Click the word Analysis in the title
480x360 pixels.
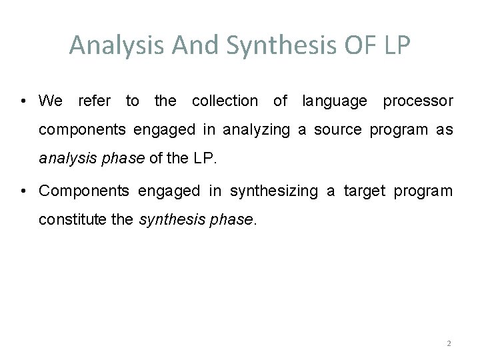pyautogui.click(x=108, y=45)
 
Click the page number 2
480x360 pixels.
pyautogui.click(x=449, y=343)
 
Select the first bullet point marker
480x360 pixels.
pyautogui.click(x=23, y=101)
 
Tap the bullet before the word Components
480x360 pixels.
pyautogui.click(x=23, y=191)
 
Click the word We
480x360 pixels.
pyautogui.click(x=51, y=101)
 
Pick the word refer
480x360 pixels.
pyautogui.click(x=95, y=101)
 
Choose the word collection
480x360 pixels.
pyautogui.click(x=225, y=101)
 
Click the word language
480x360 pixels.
pyautogui.click(x=334, y=101)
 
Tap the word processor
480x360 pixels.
pyautogui.click(x=418, y=101)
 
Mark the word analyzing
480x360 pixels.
pyautogui.click(x=257, y=131)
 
